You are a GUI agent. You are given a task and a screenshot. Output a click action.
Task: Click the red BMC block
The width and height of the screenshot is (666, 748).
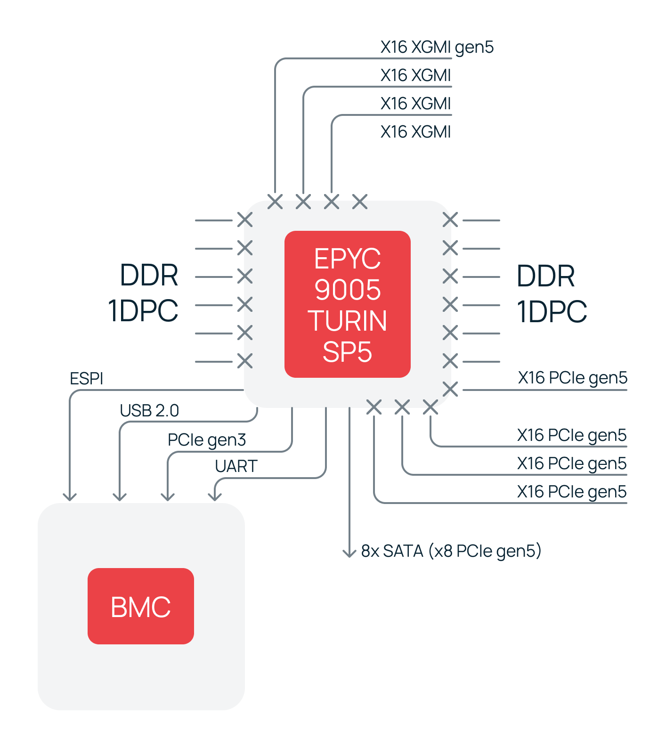click(x=140, y=606)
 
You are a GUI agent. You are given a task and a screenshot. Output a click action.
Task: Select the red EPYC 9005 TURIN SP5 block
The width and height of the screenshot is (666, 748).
click(x=347, y=304)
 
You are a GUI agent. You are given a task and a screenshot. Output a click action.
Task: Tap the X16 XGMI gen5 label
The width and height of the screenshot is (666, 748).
click(x=437, y=47)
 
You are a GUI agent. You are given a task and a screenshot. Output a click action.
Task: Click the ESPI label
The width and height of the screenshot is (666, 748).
click(x=86, y=379)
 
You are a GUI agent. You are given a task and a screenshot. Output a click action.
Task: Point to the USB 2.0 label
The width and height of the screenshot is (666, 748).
click(x=149, y=411)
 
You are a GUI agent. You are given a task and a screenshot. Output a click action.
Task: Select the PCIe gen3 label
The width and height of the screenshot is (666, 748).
click(x=207, y=440)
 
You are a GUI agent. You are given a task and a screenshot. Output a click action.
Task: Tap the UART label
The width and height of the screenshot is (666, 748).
click(x=236, y=466)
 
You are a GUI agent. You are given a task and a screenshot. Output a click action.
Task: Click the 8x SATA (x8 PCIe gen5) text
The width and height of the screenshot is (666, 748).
click(x=451, y=551)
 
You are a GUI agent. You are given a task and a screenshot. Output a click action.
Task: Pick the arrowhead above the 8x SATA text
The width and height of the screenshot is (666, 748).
click(x=349, y=553)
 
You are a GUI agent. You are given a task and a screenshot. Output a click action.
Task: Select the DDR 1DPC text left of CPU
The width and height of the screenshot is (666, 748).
click(x=143, y=293)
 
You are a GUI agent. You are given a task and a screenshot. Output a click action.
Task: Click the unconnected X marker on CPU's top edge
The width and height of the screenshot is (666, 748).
click(x=360, y=202)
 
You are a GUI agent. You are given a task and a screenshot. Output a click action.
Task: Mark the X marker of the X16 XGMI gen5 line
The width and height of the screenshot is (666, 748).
click(x=275, y=202)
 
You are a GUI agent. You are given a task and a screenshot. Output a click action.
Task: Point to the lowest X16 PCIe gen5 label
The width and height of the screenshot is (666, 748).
click(x=572, y=492)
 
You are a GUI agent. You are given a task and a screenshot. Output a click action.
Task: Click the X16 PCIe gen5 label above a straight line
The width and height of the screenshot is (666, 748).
click(x=573, y=378)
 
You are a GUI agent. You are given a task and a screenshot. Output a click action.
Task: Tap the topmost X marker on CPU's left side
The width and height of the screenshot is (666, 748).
click(x=245, y=220)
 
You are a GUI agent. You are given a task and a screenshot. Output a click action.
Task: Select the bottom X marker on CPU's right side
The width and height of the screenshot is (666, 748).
click(x=450, y=390)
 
